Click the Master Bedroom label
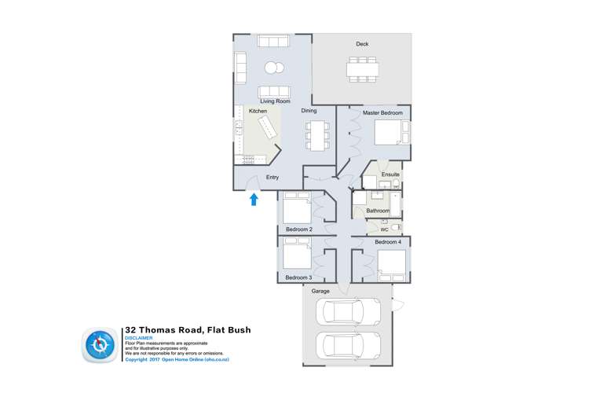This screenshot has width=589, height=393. pos(382,113)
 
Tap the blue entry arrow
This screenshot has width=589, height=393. pos(254,200)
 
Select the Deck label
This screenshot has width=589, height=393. pos(362,44)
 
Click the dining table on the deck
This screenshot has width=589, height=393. pos(362,69)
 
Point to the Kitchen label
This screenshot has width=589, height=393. pos(258,112)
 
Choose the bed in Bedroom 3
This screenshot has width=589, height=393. pos(297,256)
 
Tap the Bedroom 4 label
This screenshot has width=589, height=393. pos(388,242)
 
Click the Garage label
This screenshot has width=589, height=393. pos(320,292)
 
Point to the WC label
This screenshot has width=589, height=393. pos(384,230)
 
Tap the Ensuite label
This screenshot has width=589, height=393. pos(390,174)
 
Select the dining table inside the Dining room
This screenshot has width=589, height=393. pos(317,135)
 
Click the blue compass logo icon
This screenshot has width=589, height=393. pos(100,345)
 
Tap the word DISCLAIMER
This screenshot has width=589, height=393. pos(139,338)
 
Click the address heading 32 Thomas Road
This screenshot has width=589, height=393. pos(188,330)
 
